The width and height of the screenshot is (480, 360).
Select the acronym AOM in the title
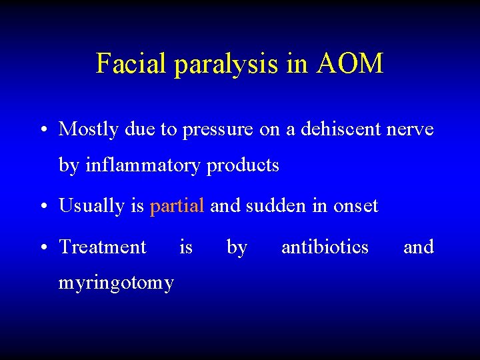pos(351,63)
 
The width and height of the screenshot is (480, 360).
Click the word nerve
pos(409,129)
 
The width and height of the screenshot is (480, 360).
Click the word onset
pos(355,207)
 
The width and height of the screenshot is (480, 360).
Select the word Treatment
pos(103,247)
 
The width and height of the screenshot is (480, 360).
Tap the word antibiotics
pos(325,247)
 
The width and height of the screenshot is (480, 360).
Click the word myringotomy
pos(117,283)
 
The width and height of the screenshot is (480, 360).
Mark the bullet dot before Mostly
pos(43,129)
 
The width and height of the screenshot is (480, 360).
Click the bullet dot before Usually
pos(43,207)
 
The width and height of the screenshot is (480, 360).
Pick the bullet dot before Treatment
pos(43,247)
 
